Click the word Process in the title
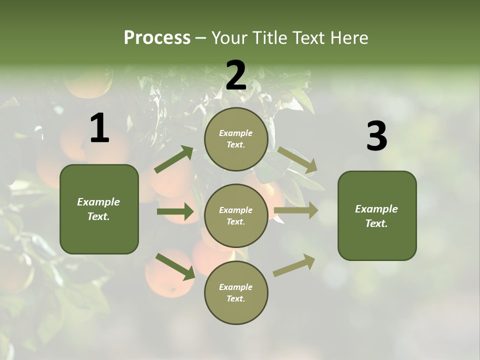[157, 38]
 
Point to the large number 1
[99, 128]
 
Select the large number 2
[236, 75]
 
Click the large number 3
[376, 136]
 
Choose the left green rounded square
[99, 209]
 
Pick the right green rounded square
[377, 216]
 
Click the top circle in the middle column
[236, 139]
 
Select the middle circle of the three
[236, 216]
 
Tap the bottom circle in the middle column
[236, 292]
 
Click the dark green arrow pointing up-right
[174, 159]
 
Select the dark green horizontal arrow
[175, 211]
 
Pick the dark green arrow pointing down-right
[175, 266]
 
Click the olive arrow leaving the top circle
[297, 160]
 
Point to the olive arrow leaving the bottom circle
[294, 265]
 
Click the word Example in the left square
[98, 202]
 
